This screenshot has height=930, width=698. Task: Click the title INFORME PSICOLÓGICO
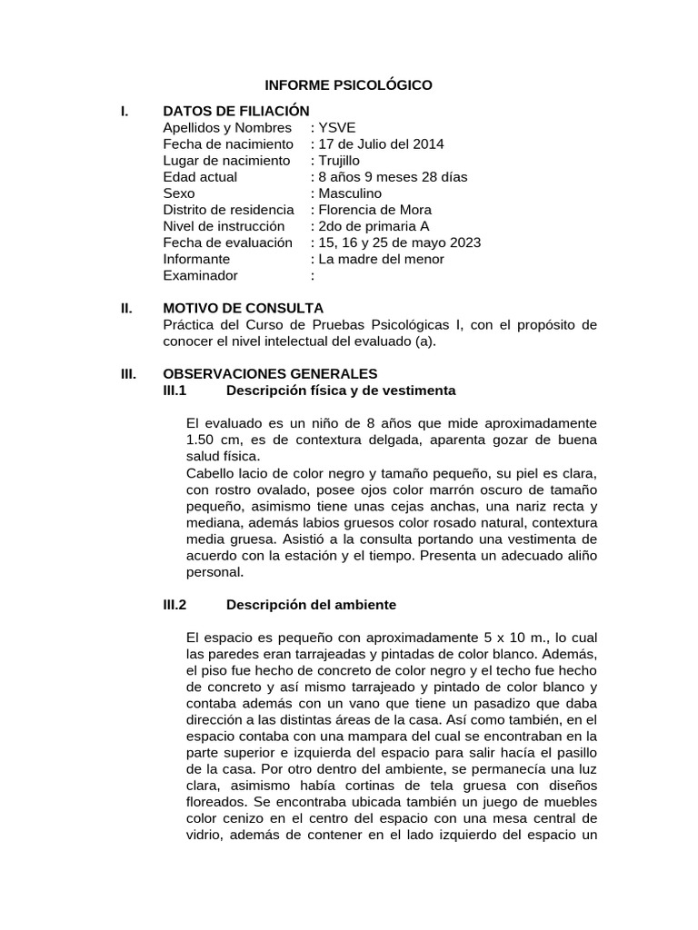348,85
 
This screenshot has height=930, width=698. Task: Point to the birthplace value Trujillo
341,161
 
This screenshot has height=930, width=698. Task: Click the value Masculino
350,193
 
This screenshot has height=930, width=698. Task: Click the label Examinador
200,275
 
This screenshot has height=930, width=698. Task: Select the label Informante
199,259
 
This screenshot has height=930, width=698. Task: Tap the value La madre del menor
380,259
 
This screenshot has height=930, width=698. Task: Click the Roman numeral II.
126,309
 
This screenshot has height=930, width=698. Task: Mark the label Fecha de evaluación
228,242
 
